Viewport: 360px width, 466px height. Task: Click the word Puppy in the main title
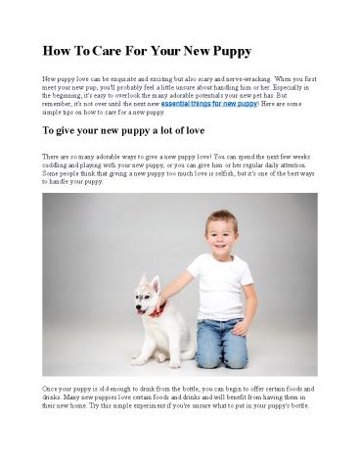tap(226, 50)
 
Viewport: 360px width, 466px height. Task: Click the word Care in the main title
tap(111, 50)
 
